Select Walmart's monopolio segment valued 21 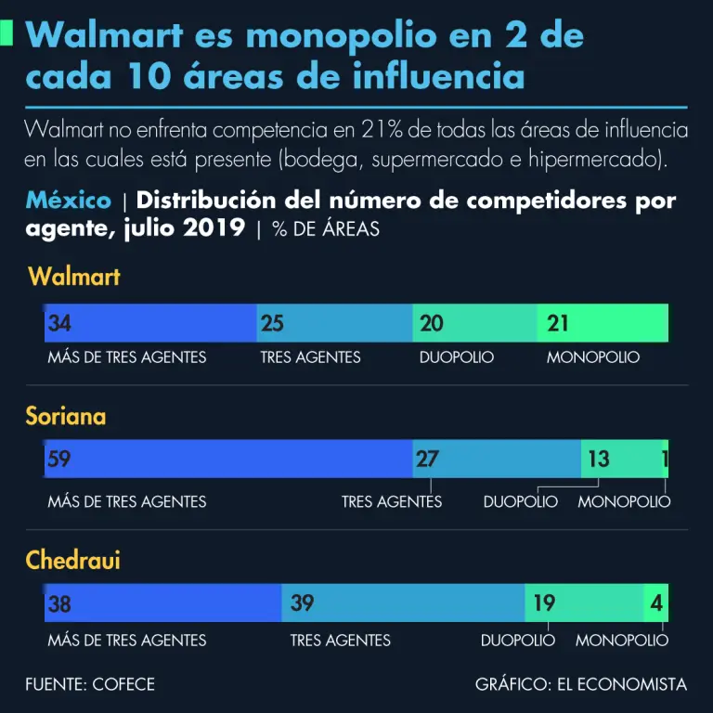(x=603, y=323)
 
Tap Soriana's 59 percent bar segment (x=228, y=459)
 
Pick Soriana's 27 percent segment (x=497, y=459)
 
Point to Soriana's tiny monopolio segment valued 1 (x=665, y=459)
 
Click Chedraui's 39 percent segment (x=403, y=603)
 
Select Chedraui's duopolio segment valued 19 (x=584, y=603)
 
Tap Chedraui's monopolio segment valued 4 (x=656, y=603)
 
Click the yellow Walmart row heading (x=74, y=277)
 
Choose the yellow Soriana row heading (x=66, y=417)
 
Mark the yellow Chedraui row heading (x=73, y=561)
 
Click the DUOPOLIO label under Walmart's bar (x=457, y=357)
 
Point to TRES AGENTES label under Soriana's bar (x=392, y=502)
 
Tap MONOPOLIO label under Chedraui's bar (x=621, y=641)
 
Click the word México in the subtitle (x=68, y=201)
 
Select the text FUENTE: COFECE (x=90, y=685)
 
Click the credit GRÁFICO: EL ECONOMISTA (x=581, y=685)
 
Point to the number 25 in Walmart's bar (x=273, y=323)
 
